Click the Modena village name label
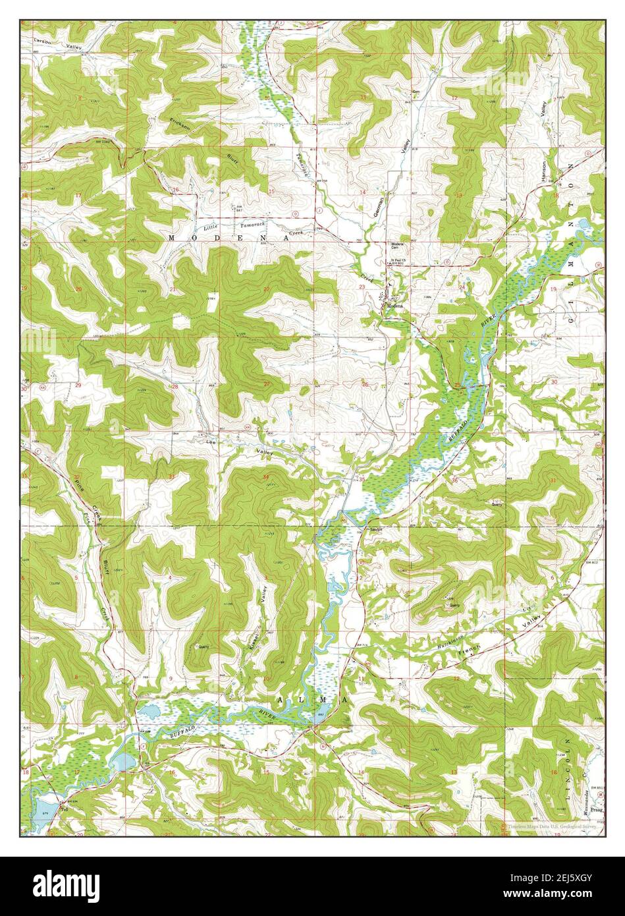pyautogui.click(x=394, y=307)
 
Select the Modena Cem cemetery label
pyautogui.click(x=401, y=245)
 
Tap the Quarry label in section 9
pyautogui.click(x=204, y=646)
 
